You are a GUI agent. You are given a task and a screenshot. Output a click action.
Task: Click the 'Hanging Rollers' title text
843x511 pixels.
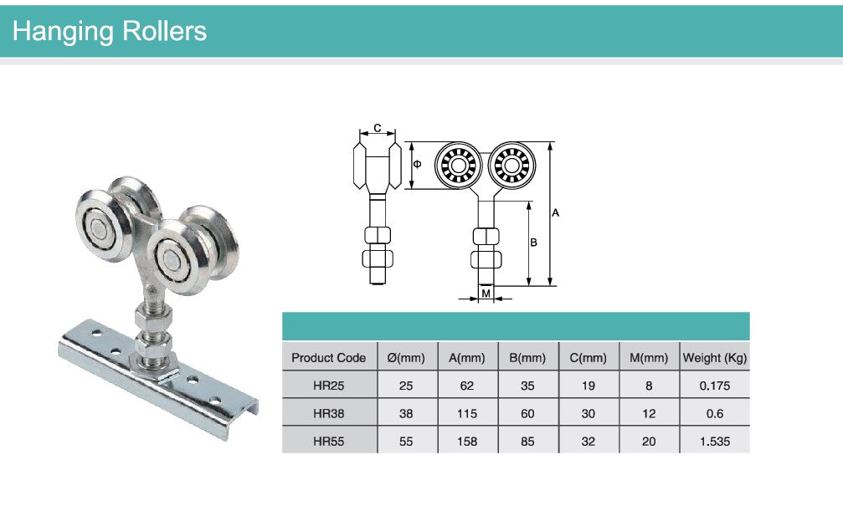109,31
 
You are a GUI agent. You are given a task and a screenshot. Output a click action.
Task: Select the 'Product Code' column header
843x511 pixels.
328,358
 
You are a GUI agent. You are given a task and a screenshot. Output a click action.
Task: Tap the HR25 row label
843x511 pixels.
328,386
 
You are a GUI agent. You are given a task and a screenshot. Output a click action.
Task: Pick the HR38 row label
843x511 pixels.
328,414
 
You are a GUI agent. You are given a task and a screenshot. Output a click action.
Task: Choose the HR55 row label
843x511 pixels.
328,442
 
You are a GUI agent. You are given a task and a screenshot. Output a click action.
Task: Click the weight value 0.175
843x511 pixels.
715,386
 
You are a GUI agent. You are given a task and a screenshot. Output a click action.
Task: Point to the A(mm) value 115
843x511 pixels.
466,414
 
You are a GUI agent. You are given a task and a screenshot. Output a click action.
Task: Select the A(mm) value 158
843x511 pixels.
466,442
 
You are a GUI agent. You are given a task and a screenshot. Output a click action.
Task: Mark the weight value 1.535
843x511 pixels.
715,442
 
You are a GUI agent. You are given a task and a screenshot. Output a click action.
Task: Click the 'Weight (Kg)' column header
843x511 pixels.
715,358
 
